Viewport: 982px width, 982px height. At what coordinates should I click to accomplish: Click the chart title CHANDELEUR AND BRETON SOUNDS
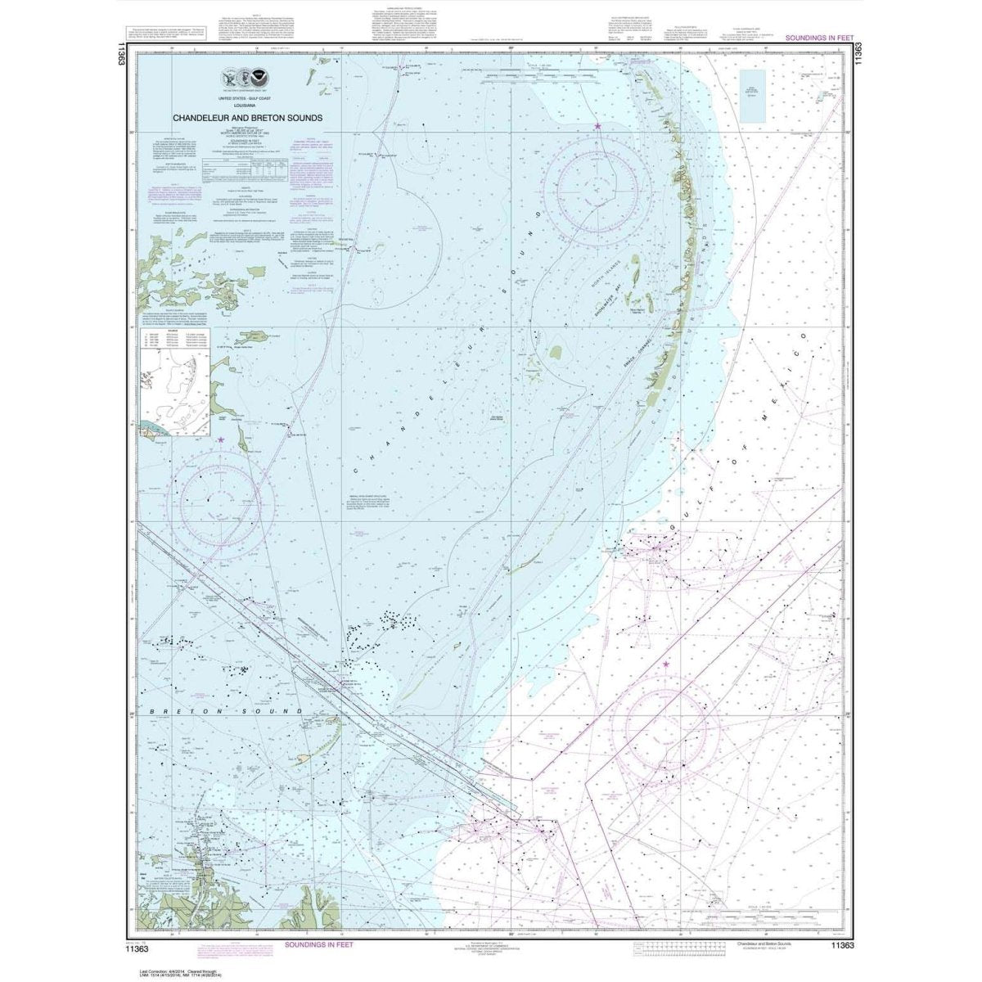(246, 118)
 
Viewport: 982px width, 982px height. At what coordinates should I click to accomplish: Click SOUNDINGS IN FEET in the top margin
(818, 38)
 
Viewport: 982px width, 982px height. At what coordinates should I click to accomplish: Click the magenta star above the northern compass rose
(598, 126)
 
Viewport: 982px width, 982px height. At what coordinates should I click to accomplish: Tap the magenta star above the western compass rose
(220, 440)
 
